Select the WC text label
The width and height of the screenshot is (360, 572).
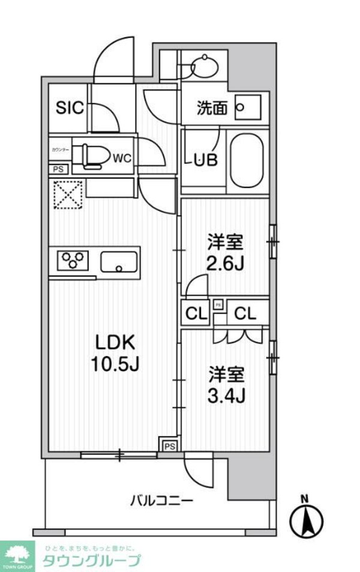pos(122,158)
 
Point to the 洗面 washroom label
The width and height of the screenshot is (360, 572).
pos(211,108)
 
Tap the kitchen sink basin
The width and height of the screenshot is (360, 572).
pos(119,261)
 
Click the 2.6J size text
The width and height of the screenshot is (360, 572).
pos(226,264)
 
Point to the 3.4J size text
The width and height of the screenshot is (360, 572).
pos(226,395)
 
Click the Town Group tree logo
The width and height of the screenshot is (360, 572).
pos(18,555)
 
